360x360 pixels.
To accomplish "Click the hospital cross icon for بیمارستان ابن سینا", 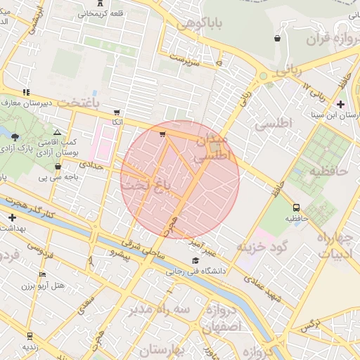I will [340, 104].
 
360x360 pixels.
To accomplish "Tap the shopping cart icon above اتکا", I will [116, 112].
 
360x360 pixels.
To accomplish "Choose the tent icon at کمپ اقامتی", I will [57, 131].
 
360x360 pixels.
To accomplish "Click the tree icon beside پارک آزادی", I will [16, 136].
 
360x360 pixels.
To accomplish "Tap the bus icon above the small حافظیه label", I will [296, 207].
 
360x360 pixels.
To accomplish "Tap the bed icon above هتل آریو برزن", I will [42, 275].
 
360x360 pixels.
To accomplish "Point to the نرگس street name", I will [309, 326].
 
